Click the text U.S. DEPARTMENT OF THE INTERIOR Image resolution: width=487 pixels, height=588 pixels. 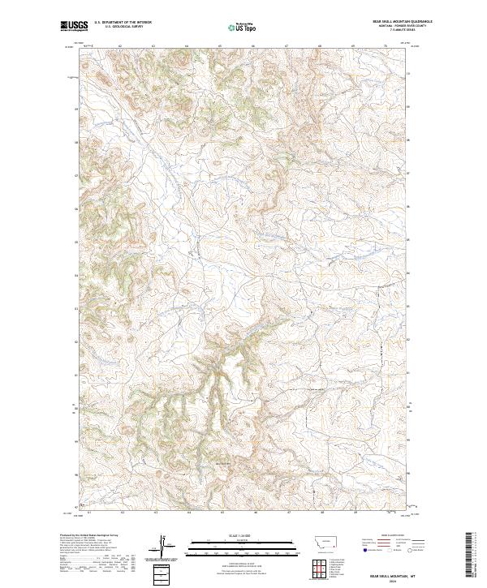pyautogui.click(x=123, y=21)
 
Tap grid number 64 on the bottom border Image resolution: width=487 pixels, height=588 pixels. pyautogui.click(x=187, y=513)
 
